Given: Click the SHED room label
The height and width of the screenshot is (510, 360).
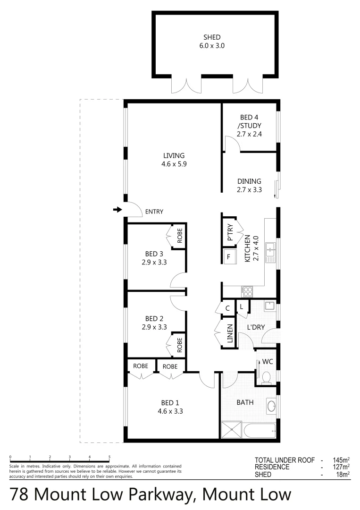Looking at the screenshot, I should [212, 37].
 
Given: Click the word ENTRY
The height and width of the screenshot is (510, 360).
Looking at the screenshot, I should [154, 212].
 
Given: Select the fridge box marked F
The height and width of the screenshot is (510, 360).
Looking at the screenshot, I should [229, 257].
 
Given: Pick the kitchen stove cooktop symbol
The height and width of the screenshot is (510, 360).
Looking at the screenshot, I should [247, 290].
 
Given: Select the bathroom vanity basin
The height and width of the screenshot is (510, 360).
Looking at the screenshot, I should [272, 406].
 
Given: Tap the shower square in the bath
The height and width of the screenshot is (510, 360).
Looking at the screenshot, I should [231, 431].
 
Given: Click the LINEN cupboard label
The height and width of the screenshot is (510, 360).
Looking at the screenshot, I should [230, 334].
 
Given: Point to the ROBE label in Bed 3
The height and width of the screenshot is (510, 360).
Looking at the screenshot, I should [179, 235].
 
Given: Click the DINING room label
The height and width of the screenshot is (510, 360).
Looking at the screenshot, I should [249, 181].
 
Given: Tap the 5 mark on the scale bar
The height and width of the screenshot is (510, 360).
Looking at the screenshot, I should [109, 457].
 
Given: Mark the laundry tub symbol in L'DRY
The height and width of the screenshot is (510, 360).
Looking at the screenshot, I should [269, 306].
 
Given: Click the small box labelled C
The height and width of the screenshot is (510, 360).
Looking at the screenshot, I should [227, 308].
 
